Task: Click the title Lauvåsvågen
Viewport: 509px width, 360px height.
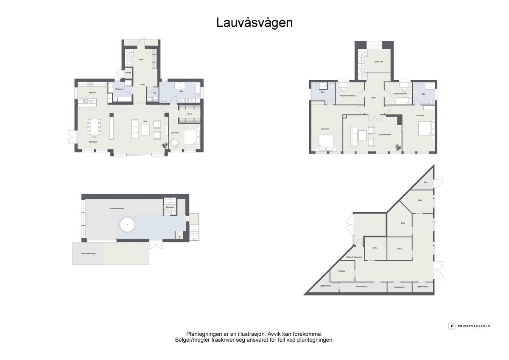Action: pyautogui.click(x=255, y=22)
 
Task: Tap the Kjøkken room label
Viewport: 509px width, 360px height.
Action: pyautogui.click(x=92, y=92)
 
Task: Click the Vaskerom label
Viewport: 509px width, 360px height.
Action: pyautogui.click(x=119, y=89)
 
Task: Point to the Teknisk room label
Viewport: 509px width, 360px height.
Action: pyautogui.click(x=128, y=73)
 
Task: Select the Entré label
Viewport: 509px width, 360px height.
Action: pyautogui.click(x=141, y=59)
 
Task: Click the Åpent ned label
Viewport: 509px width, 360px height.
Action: pyautogui.click(x=378, y=62)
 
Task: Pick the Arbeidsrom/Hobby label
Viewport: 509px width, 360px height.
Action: pyautogui.click(x=350, y=96)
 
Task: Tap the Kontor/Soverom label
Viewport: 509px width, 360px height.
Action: pyautogui.click(x=400, y=93)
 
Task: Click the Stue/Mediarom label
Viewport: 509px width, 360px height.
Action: pyautogui.click(x=385, y=134)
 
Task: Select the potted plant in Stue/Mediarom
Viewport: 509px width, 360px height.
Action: pyautogui.click(x=397, y=147)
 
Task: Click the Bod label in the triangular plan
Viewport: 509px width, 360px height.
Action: pyautogui.click(x=425, y=182)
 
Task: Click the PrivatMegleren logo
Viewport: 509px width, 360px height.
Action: pyautogui.click(x=470, y=326)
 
